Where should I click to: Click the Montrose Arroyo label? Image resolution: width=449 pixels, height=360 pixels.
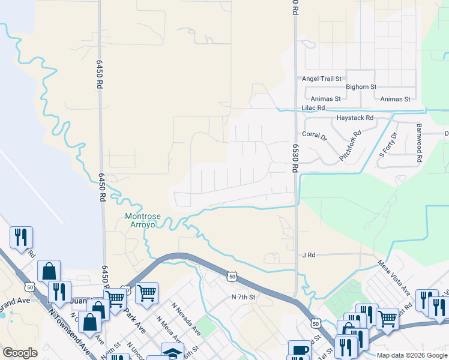pos(140,220)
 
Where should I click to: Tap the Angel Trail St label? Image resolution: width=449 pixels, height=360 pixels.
pos(322,79)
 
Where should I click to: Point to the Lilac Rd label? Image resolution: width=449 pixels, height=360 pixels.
pos(313,108)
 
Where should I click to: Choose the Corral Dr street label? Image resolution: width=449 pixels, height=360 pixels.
pos(314,135)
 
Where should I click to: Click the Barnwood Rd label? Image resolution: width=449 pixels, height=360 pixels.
pos(420,142)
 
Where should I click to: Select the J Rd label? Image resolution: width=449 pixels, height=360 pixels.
pos(309,255)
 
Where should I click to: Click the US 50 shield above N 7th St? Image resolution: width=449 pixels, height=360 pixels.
pos(232,276)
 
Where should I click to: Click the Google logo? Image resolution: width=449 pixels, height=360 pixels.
pos(20,353)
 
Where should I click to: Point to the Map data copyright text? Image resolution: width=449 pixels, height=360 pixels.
pos(411,355)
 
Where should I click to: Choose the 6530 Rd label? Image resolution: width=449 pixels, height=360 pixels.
pos(295,158)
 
